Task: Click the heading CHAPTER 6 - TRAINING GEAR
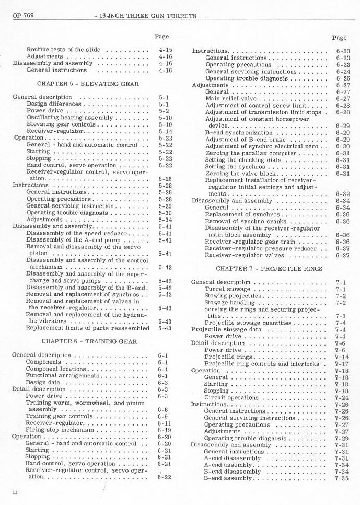(x=89, y=341)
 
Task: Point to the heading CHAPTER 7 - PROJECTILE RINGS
(x=269, y=269)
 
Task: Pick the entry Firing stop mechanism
(x=59, y=430)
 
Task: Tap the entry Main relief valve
(x=230, y=98)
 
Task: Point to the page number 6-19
(x=164, y=430)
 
